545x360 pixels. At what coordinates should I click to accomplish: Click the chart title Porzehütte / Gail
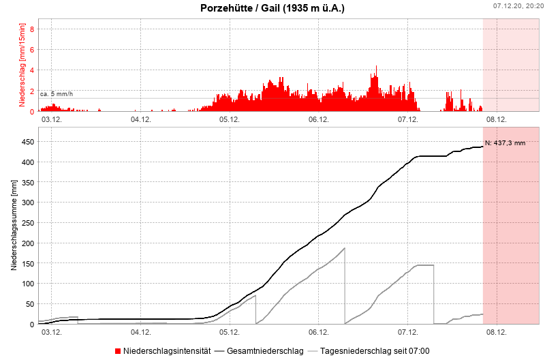click(272, 9)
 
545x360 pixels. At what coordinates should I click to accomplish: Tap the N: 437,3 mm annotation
click(505, 143)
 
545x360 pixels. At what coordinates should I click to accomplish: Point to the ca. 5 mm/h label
click(57, 93)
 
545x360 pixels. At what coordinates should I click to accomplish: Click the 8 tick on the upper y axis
click(31, 29)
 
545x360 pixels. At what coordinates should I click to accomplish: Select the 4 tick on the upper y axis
click(31, 70)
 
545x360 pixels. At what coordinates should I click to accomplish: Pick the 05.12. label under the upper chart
click(229, 119)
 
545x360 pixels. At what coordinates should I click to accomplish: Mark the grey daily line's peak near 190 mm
click(345, 248)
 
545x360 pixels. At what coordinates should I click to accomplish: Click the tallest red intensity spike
click(376, 67)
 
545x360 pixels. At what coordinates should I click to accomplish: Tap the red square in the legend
click(118, 351)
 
